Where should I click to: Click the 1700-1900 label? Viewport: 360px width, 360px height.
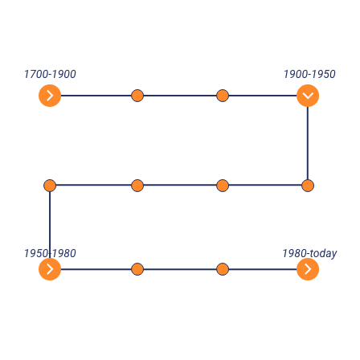50,74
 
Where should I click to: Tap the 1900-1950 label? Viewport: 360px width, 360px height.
309,74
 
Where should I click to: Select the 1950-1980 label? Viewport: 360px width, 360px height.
50,253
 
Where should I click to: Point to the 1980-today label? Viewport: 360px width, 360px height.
309,253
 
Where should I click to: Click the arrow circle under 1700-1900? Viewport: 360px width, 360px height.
50,96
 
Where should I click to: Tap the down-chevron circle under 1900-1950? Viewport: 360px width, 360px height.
308,96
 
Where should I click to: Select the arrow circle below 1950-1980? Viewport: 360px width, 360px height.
50,269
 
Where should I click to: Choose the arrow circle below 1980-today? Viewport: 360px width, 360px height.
308,269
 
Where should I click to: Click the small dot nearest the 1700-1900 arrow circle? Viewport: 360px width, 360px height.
137,96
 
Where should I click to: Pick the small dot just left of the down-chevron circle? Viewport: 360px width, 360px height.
223,96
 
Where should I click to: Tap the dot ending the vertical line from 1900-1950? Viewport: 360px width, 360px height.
308,186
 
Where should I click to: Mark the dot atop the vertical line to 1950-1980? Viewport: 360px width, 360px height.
50,186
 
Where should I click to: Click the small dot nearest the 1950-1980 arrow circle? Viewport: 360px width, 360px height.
137,269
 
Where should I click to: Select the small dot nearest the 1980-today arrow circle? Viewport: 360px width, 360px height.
223,269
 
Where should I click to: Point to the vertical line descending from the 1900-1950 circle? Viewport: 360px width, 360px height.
308,143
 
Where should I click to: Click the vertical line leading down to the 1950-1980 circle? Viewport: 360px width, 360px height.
50,225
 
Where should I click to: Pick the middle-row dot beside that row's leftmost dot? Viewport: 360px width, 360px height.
137,186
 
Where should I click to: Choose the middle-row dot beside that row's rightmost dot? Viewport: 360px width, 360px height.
223,186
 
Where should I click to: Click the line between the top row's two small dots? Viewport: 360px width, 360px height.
180,96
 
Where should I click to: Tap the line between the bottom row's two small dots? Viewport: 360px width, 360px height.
180,269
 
